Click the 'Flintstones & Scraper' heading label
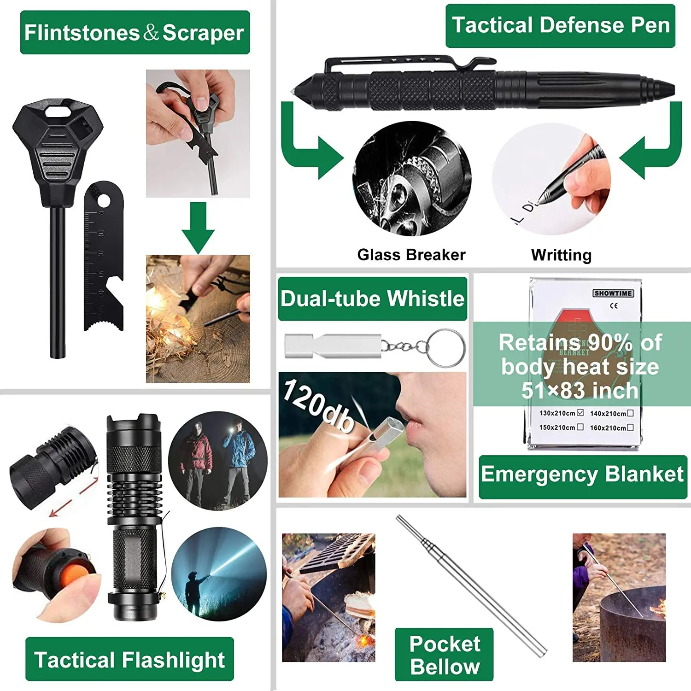(x=135, y=33)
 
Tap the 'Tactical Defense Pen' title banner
(x=560, y=25)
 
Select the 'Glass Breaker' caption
(x=411, y=255)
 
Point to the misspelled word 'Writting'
(x=561, y=255)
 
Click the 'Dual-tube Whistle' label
(x=372, y=299)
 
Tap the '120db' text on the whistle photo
(x=318, y=404)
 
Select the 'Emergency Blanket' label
(x=582, y=474)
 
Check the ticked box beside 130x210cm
(x=580, y=413)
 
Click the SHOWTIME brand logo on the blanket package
(x=613, y=293)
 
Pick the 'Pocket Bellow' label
(x=444, y=655)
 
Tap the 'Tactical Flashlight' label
(x=129, y=660)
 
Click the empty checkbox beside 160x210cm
(x=630, y=427)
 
